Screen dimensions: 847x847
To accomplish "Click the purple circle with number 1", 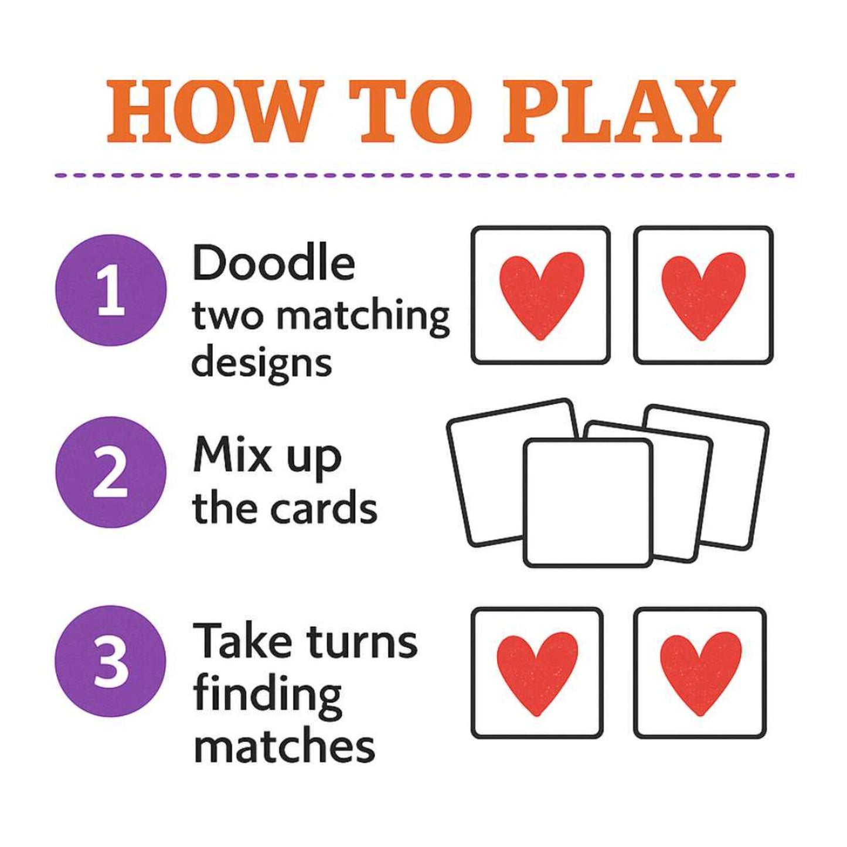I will coord(111,290).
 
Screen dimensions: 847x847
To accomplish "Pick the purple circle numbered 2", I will coord(111,472).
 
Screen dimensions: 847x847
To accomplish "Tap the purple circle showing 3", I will coord(111,661).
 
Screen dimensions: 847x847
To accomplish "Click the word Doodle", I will coord(273,263).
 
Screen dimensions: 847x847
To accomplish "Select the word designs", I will coord(261,363).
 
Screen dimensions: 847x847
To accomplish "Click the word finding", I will coord(267,695).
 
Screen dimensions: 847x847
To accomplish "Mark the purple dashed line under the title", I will coord(424,175).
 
